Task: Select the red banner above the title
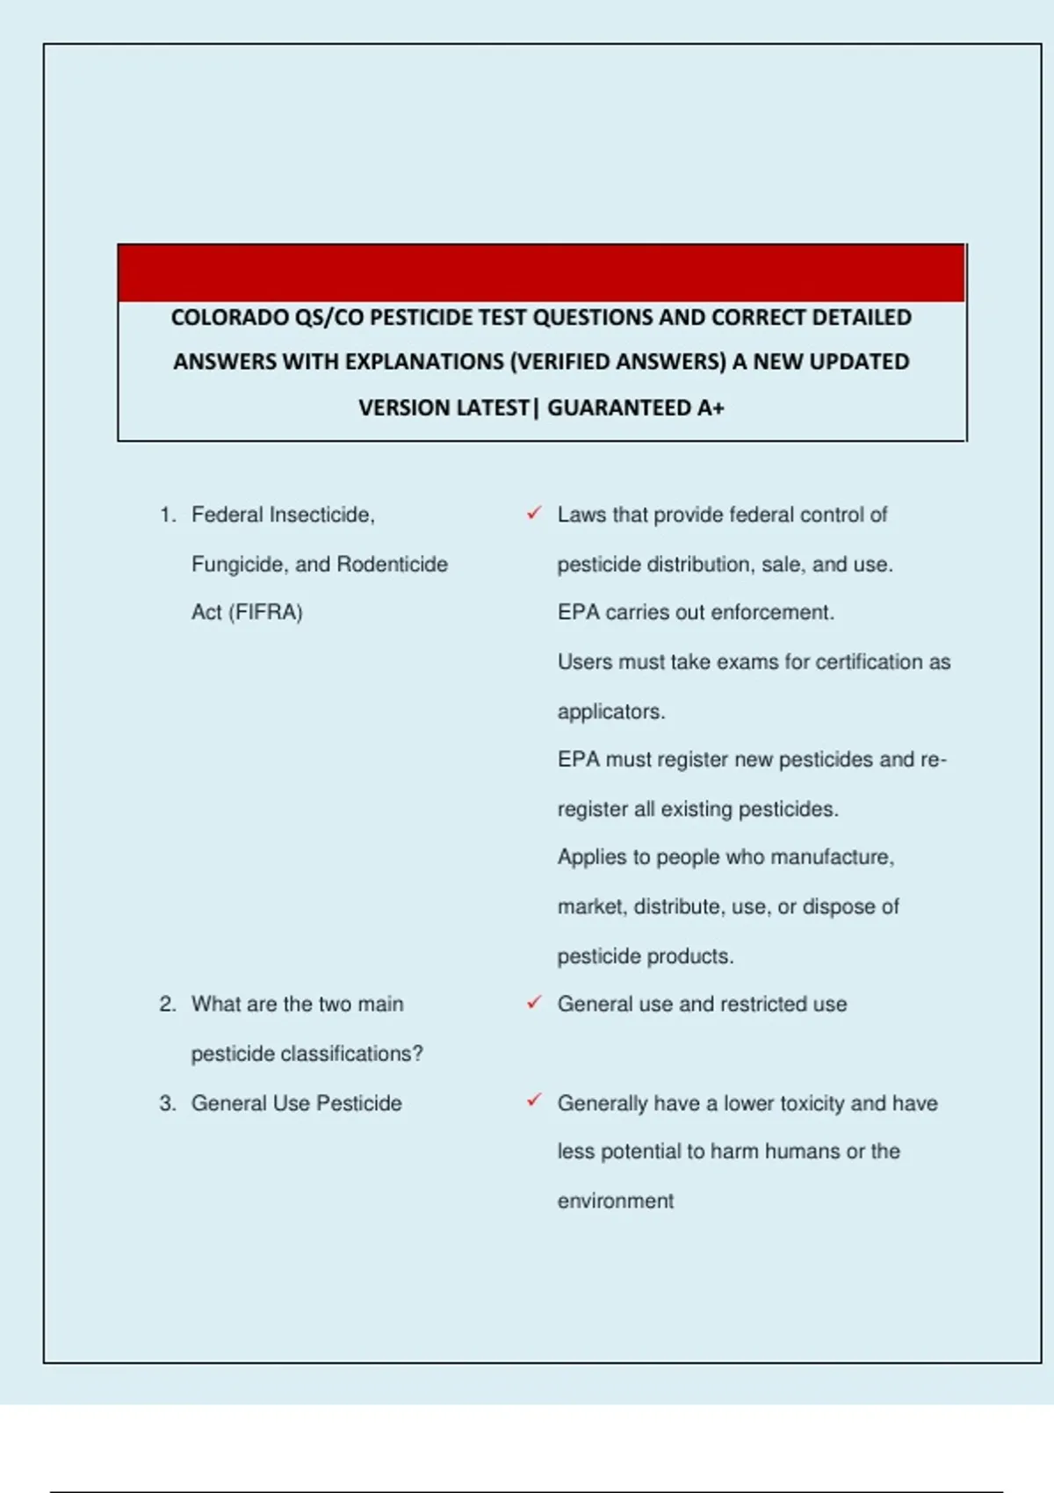(x=541, y=273)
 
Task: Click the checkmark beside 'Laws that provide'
(x=534, y=513)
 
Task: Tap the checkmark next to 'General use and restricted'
(x=534, y=1002)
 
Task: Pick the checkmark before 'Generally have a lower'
(x=534, y=1100)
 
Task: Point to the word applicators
(x=610, y=711)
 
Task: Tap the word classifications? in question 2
(x=351, y=1053)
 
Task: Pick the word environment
(x=615, y=1201)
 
